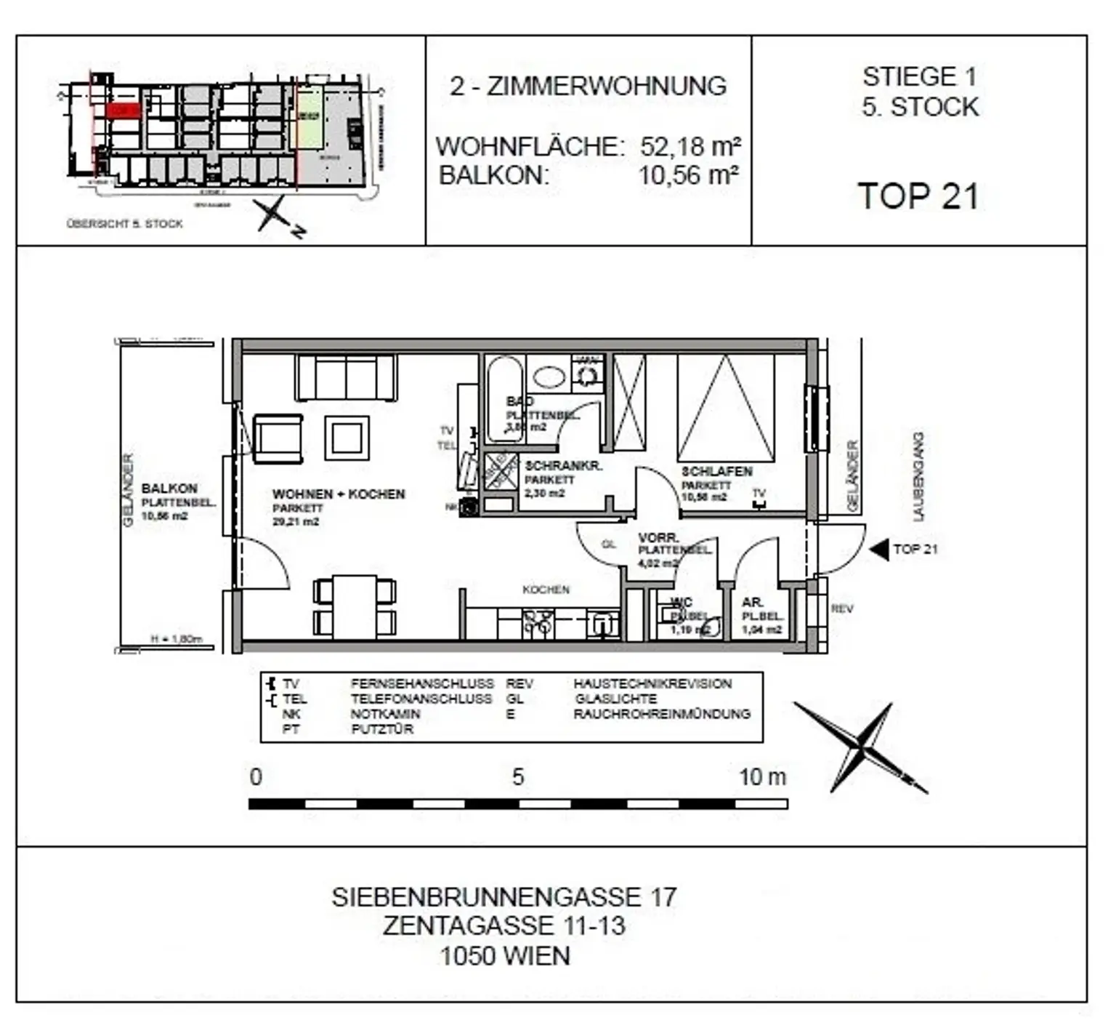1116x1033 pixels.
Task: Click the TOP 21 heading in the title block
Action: tap(918, 196)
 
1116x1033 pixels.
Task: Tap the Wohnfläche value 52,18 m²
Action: tap(690, 146)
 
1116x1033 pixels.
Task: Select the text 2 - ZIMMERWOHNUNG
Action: tap(588, 86)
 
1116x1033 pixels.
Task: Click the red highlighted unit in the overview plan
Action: tap(122, 110)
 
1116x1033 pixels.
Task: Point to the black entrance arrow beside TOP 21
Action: tap(879, 550)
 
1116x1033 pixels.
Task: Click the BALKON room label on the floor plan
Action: tap(169, 489)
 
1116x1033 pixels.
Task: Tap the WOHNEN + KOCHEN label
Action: tap(339, 494)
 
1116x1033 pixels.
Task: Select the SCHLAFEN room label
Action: tap(716, 471)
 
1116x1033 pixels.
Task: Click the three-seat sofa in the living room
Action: tap(346, 377)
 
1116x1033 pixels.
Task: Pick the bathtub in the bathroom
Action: tap(504, 398)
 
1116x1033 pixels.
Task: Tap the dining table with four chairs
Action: tap(355, 606)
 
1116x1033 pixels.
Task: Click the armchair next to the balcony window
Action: tap(278, 438)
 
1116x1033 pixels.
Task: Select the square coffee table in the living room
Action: tap(347, 437)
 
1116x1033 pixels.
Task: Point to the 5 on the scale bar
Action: tap(517, 776)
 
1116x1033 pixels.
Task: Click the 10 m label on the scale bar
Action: tap(762, 776)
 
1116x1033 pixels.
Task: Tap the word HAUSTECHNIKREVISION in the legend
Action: tap(652, 683)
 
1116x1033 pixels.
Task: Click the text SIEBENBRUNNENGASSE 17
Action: tap(504, 897)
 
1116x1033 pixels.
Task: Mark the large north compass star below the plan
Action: tap(861, 746)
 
